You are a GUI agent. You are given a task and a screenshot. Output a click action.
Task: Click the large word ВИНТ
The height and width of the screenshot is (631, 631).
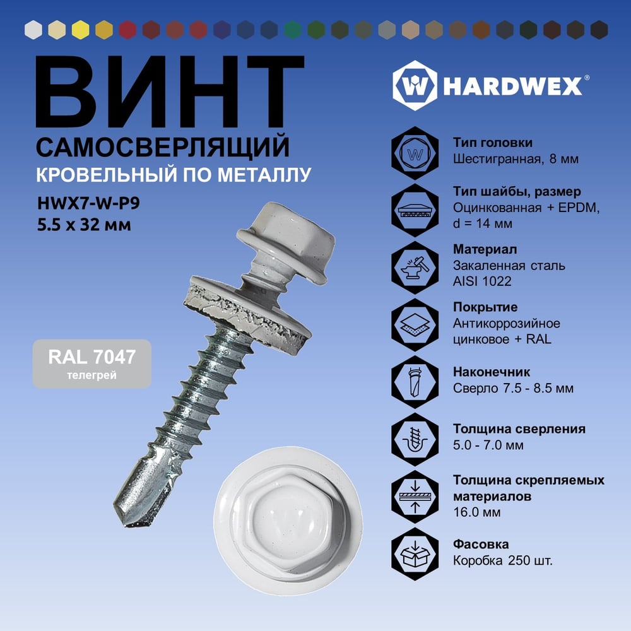pos(169,91)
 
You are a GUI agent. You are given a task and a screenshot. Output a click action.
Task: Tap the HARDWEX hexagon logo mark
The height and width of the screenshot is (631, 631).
pos(415,85)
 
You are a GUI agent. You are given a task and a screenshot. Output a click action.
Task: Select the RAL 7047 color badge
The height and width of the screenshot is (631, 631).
pos(92,364)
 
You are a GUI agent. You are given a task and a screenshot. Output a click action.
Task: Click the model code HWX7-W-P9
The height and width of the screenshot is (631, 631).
pos(88,203)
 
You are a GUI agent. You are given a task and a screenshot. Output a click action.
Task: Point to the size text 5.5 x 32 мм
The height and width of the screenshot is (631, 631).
pos(84,225)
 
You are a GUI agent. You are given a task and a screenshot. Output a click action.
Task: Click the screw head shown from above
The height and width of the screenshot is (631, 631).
pos(288,521)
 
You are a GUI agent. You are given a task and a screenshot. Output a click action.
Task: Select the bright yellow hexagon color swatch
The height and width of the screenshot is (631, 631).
pos(81,30)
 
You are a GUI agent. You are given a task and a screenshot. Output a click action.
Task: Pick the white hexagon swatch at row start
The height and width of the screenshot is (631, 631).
pos(33,30)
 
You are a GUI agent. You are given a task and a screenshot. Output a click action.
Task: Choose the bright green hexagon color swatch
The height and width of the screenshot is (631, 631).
pos(293,30)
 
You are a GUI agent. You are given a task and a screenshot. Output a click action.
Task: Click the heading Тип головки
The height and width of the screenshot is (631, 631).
pos(493,143)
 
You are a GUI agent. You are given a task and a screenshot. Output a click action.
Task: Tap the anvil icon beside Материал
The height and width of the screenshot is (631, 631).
pos(415,267)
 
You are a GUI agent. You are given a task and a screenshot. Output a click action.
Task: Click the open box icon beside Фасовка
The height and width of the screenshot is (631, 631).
pos(415,554)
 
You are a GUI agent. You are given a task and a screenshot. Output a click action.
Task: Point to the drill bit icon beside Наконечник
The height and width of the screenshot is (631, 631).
pos(415,382)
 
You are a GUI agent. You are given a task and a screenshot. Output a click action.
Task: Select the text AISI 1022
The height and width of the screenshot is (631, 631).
pos(482,281)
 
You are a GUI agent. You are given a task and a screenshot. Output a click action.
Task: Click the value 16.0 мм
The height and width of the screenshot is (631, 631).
pos(477,512)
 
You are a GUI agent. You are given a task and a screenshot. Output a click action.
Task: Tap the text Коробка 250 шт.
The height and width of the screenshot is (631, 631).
pos(503,560)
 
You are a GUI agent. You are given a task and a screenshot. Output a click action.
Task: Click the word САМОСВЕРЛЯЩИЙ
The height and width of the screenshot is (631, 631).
pos(163,147)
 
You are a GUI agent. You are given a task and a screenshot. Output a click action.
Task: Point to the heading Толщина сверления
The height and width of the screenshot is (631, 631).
pos(519,429)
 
